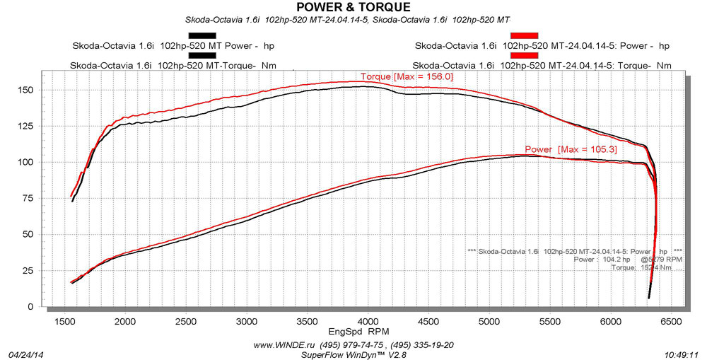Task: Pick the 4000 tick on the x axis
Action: coord(368,322)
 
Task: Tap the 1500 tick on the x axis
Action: coord(64,322)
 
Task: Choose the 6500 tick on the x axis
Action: coord(671,322)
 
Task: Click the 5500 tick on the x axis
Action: coord(549,322)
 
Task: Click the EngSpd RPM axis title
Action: coord(358,331)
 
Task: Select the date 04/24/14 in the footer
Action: coord(25,354)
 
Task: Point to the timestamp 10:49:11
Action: coord(681,354)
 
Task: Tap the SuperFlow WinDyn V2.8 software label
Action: coord(353,354)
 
